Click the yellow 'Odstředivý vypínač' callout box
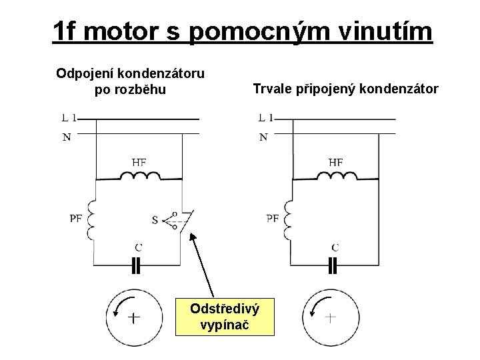(x=225, y=315)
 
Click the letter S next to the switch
(x=155, y=219)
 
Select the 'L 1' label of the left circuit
(x=69, y=119)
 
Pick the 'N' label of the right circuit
(x=263, y=137)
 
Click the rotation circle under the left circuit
(x=133, y=316)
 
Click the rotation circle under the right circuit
(x=329, y=316)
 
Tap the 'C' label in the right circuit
(x=335, y=247)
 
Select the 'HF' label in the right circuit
(x=336, y=161)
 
